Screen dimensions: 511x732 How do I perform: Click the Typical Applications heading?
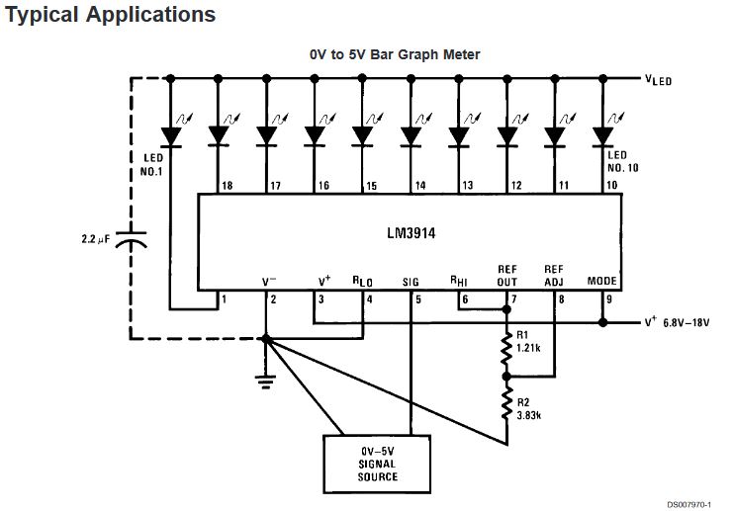(110, 16)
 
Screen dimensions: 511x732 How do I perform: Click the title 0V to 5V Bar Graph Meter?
(395, 55)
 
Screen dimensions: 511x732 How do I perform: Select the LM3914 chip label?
(412, 238)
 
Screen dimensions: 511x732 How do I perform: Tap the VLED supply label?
(656, 80)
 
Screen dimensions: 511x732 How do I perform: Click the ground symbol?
(266, 381)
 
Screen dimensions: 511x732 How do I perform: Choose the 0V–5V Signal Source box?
(378, 463)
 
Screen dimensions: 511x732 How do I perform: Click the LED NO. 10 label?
(617, 162)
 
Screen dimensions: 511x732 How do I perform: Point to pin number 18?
(227, 186)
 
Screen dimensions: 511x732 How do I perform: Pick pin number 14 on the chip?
(420, 186)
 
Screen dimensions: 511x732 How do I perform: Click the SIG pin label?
(412, 282)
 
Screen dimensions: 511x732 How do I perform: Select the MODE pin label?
(601, 282)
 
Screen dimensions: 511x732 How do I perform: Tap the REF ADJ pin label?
(554, 275)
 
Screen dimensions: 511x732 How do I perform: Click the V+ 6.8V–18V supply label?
(678, 322)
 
